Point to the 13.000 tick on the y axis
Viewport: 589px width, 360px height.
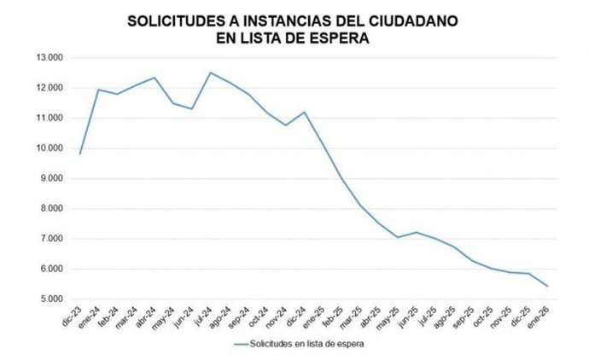[58, 58]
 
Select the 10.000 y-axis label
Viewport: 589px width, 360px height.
[58, 148]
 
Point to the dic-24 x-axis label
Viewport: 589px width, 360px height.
[298, 317]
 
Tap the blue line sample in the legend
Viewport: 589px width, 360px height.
[247, 345]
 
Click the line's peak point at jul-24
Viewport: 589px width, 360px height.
[211, 73]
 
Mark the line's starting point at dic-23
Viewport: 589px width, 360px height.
[79, 154]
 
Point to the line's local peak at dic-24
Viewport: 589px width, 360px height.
[305, 112]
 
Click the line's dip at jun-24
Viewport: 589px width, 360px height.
[192, 108]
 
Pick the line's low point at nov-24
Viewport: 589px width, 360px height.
[286, 125]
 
